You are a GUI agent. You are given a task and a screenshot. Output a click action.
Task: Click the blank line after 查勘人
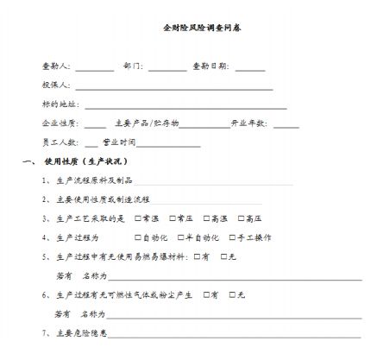[95, 67]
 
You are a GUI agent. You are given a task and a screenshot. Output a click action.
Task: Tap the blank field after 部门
[166, 67]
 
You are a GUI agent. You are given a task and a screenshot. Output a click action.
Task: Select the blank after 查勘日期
[250, 67]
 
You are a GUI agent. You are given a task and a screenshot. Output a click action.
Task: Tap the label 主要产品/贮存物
[146, 123]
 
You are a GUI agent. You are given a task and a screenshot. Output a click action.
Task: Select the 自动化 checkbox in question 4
[138, 237]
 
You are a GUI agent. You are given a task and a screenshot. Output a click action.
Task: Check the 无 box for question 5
[224, 256]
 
